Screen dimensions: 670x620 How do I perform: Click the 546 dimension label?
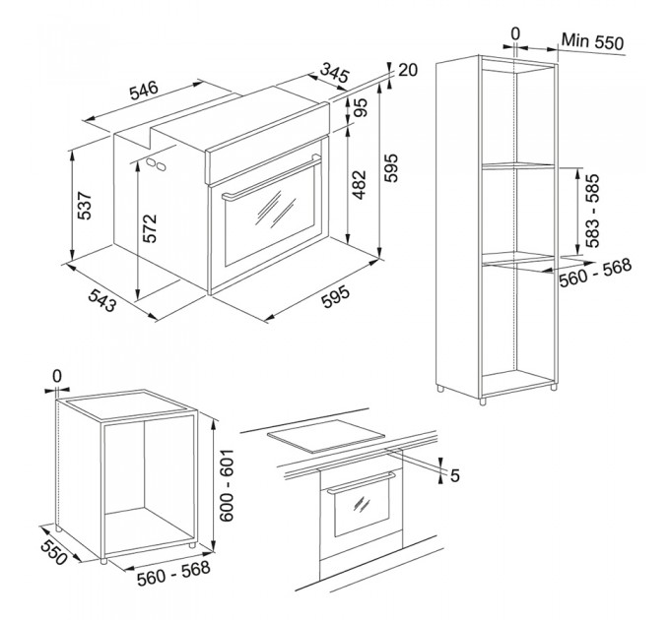click(x=144, y=90)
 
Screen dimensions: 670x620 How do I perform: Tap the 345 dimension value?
click(x=335, y=73)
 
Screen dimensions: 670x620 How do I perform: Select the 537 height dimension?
click(x=85, y=206)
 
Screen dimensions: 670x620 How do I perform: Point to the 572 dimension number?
click(x=150, y=228)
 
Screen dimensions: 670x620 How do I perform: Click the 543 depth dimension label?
click(x=102, y=299)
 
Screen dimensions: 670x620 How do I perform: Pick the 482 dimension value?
click(x=359, y=185)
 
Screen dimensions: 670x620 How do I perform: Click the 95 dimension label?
click(x=361, y=108)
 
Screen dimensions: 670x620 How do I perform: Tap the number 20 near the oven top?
click(x=408, y=70)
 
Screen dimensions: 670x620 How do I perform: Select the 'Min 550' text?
click(x=592, y=41)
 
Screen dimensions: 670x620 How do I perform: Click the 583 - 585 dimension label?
click(x=593, y=211)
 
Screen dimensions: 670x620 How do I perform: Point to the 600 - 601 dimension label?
click(x=227, y=484)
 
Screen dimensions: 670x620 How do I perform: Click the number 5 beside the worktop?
click(x=455, y=475)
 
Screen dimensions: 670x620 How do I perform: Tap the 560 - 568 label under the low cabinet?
click(x=173, y=573)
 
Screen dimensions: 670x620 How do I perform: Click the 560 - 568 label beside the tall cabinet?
click(x=595, y=273)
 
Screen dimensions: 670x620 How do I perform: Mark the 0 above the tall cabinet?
click(x=515, y=33)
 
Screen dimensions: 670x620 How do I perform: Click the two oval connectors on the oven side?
click(x=156, y=164)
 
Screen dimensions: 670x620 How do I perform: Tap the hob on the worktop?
click(x=325, y=436)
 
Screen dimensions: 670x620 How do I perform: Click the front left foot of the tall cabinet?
click(x=483, y=402)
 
